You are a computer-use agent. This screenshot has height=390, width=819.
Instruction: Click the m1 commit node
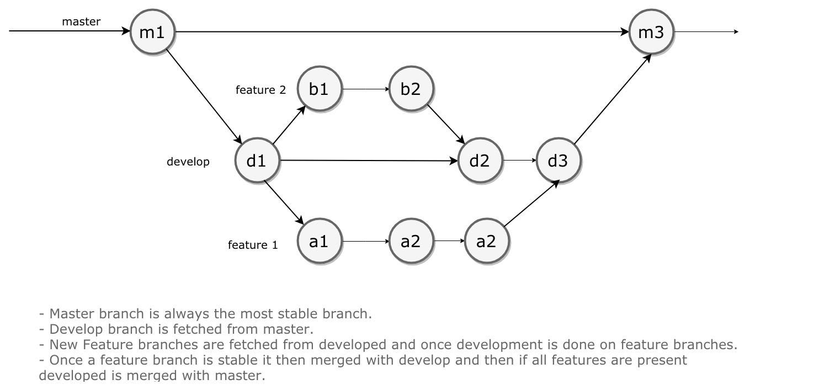tap(152, 32)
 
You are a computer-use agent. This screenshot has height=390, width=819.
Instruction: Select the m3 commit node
tap(651, 32)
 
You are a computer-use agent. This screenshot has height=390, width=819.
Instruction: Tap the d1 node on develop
tap(257, 160)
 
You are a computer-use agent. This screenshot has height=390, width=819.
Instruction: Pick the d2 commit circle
tap(480, 160)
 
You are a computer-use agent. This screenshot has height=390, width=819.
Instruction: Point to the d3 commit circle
tap(559, 160)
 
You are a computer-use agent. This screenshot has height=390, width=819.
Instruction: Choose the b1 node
tap(320, 88)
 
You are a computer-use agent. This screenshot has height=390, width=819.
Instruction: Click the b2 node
tap(411, 88)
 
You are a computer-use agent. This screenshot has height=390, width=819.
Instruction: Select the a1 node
tap(320, 241)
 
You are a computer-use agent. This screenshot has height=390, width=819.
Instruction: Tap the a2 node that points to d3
tap(487, 241)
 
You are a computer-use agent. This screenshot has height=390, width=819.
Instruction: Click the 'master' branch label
tap(81, 22)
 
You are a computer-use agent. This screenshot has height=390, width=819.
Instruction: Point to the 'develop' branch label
tap(188, 162)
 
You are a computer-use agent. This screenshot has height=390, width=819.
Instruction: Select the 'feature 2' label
tap(260, 90)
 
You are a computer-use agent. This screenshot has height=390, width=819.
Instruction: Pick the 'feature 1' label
tap(253, 245)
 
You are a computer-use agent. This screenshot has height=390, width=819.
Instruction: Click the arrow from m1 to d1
tap(204, 97)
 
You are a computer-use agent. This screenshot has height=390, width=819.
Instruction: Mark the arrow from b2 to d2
tap(446, 124)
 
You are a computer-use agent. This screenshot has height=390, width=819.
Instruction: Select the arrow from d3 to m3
tap(613, 99)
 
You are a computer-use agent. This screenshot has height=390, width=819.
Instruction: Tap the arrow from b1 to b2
tap(366, 89)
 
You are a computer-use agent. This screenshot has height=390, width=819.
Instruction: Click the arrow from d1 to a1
tap(284, 202)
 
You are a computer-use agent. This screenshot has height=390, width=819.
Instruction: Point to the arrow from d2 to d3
tap(519, 160)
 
